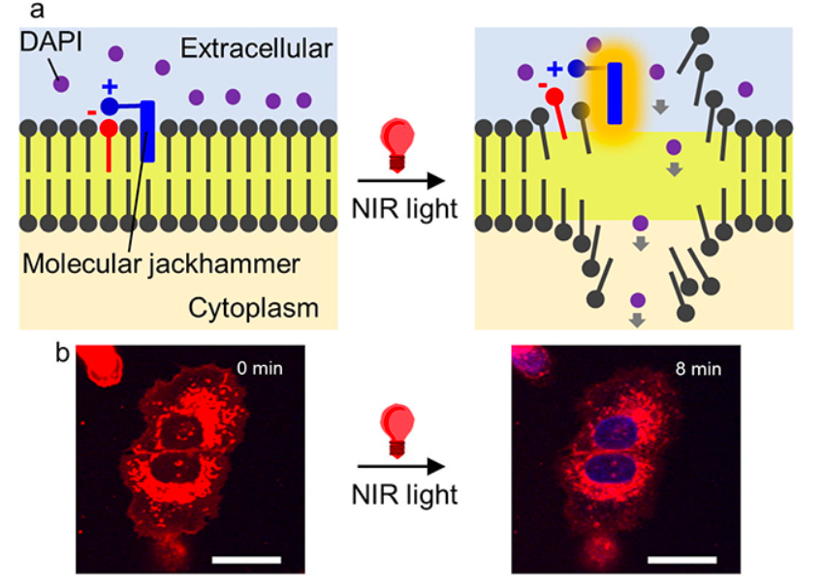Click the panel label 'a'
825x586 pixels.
pyautogui.click(x=64, y=11)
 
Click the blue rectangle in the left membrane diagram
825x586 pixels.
pyautogui.click(x=147, y=130)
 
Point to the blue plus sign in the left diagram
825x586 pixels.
pyautogui.click(x=109, y=85)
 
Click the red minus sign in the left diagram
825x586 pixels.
pyautogui.click(x=91, y=113)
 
